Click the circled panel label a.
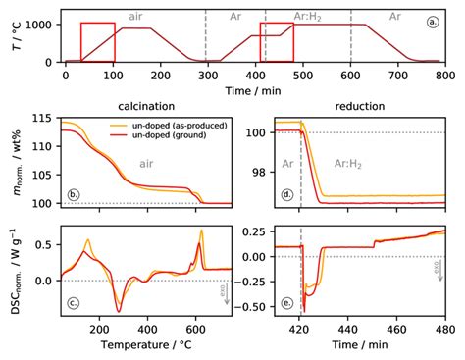tap(433, 21)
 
